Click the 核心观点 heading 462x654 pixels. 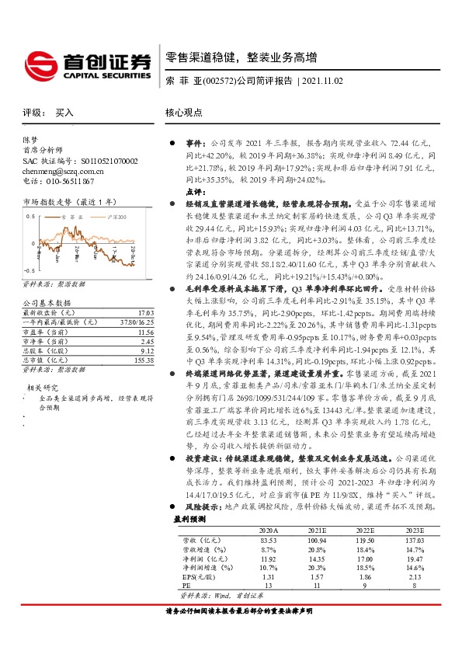184,112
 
